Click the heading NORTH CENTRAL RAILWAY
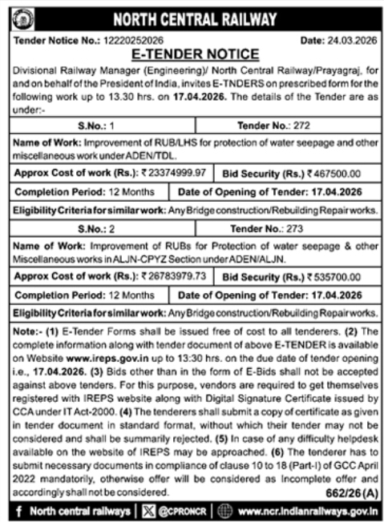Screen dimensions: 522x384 click(x=200, y=18)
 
